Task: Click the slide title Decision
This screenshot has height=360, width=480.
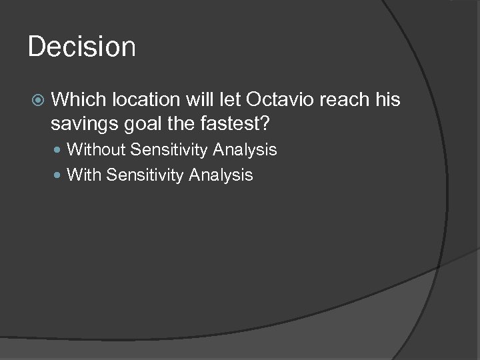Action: point(81,47)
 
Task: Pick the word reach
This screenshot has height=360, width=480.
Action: point(343,100)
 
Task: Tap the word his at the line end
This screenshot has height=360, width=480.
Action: point(387,100)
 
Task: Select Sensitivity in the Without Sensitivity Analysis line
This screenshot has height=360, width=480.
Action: point(169,150)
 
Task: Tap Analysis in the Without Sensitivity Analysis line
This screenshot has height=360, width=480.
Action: point(245,150)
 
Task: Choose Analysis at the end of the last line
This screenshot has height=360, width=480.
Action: point(221,175)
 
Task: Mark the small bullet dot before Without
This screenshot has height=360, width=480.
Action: point(58,151)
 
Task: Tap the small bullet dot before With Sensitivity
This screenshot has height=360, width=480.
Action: point(58,176)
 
